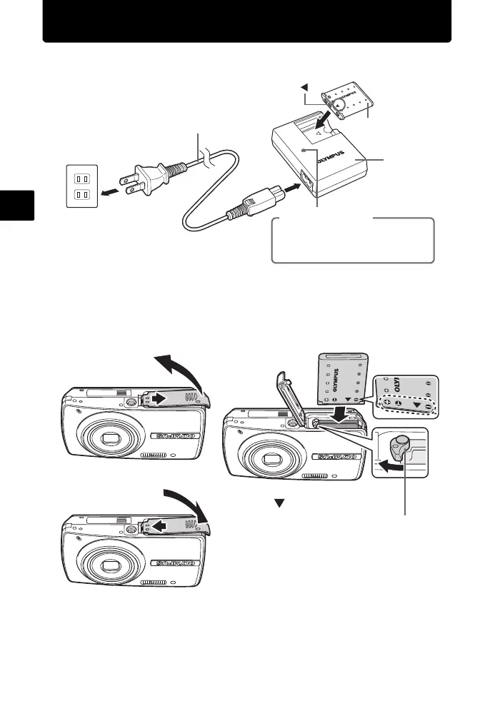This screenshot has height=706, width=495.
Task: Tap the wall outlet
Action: click(83, 183)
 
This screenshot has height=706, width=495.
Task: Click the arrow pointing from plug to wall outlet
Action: click(111, 191)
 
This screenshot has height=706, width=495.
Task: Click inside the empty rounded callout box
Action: click(352, 241)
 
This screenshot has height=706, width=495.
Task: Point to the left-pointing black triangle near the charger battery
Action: click(304, 88)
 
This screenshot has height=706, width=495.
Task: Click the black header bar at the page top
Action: click(247, 21)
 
